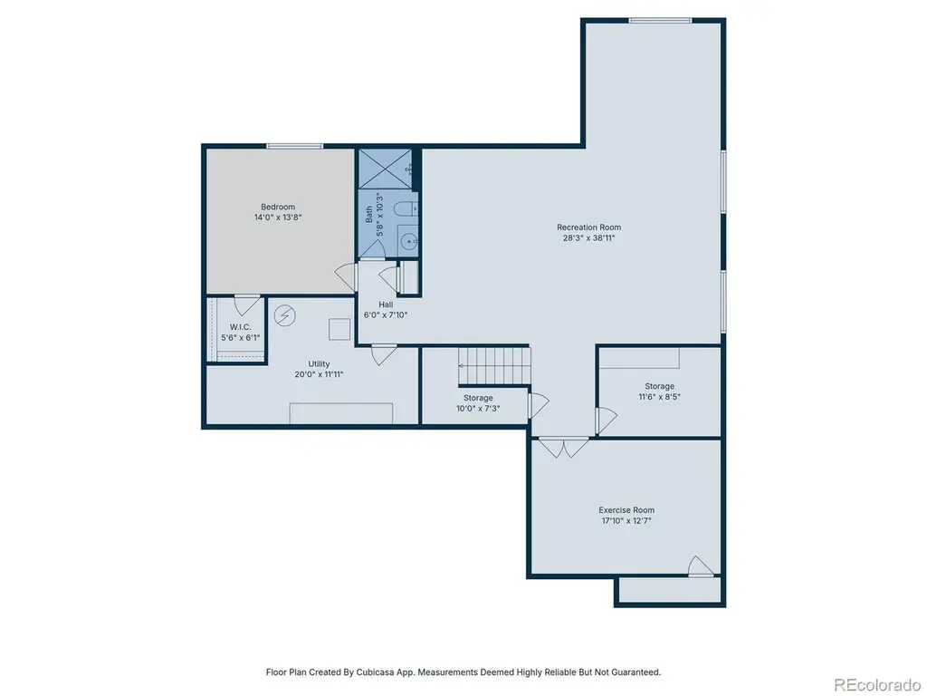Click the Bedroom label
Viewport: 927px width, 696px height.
point(278,208)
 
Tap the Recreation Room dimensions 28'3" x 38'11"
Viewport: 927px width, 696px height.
point(588,238)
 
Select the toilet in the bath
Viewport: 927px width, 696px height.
point(406,209)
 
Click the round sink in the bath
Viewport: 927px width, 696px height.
point(408,241)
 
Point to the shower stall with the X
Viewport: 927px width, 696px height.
point(385,169)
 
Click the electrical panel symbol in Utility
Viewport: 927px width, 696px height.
point(284,316)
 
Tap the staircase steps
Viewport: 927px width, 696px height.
point(494,366)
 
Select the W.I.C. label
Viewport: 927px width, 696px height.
point(241,326)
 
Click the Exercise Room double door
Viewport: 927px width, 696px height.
point(563,448)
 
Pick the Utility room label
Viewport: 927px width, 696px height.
point(319,364)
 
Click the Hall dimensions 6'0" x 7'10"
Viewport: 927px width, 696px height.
point(386,314)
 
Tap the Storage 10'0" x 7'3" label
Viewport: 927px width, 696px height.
point(478,403)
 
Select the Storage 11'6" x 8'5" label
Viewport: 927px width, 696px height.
point(659,391)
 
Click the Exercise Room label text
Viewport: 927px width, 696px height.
point(626,510)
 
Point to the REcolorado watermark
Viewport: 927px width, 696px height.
point(876,685)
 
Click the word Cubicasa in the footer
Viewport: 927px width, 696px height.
point(376,672)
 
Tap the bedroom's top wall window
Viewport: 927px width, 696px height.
point(294,146)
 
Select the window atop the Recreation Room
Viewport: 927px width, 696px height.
point(660,21)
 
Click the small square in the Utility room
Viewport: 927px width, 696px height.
point(339,329)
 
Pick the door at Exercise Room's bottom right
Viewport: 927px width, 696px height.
point(701,566)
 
